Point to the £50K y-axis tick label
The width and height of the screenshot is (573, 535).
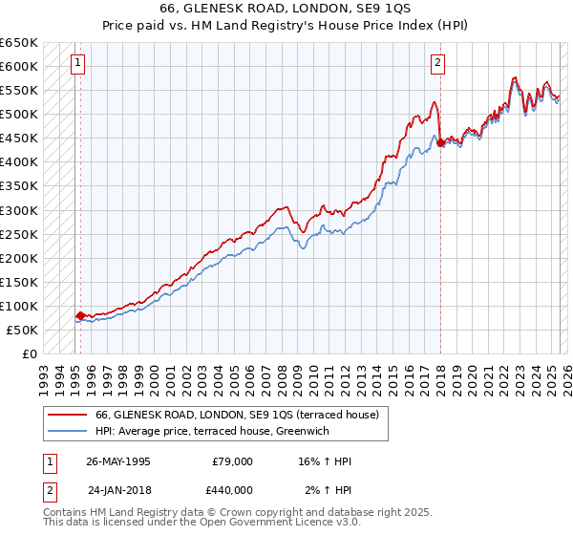23,330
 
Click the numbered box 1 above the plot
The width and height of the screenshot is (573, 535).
76,64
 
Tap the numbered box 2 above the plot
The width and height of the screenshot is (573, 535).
437,64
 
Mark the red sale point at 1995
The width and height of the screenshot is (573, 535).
80,315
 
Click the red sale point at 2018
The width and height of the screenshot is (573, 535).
440,142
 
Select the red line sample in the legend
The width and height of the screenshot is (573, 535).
69,415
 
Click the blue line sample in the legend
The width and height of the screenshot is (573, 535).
69,431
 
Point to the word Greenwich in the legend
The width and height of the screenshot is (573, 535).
329,431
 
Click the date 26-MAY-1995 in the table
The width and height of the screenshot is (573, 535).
118,461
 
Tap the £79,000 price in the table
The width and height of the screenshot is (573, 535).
232,461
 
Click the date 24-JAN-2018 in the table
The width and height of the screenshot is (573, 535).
118,488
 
